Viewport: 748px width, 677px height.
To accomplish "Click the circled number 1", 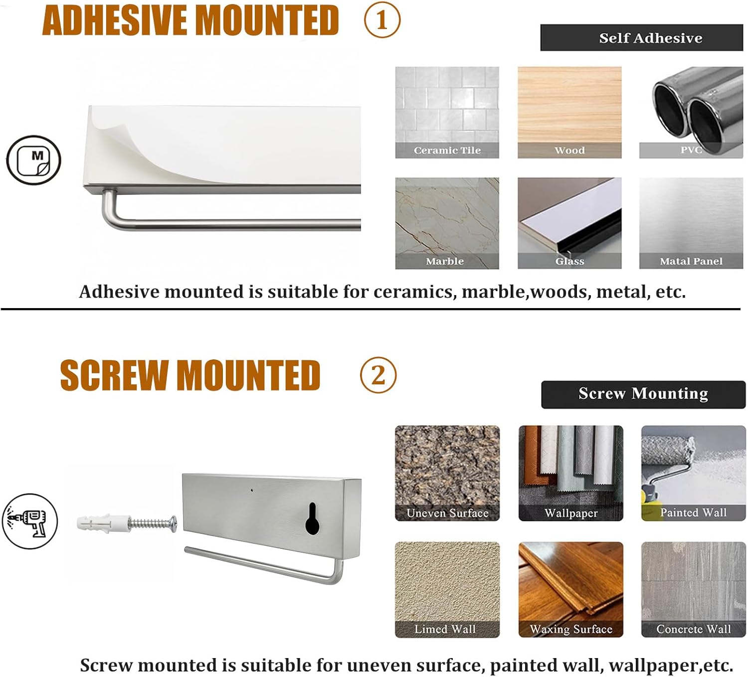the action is (382, 20).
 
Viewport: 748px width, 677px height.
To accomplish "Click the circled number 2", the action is (378, 375).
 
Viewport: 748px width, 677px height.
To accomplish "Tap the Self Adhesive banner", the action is (641, 38).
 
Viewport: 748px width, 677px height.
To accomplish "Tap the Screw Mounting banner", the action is (643, 394).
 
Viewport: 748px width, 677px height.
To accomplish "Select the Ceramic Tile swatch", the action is (447, 113).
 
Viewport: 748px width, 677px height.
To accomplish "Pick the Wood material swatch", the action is (569, 113).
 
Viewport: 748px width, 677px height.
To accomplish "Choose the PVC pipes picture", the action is (691, 113).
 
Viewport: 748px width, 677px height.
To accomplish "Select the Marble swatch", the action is (447, 223).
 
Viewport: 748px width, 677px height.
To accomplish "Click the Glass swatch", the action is (569, 223).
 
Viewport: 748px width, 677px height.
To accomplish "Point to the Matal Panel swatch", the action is (691, 223).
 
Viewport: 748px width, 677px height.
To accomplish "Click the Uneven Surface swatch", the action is (447, 473).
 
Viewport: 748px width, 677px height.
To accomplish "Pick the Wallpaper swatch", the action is (570, 473).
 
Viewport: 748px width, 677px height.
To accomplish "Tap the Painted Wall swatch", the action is (694, 473).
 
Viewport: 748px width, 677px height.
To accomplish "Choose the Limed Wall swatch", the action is (447, 590).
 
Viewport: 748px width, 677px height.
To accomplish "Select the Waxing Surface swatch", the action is (570, 590).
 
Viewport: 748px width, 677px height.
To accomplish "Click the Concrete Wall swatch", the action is (694, 590).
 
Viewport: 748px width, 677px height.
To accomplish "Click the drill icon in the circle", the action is (30, 521).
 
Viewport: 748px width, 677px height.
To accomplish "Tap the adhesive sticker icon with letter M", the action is (33, 160).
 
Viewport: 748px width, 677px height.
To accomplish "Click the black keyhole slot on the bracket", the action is (313, 518).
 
